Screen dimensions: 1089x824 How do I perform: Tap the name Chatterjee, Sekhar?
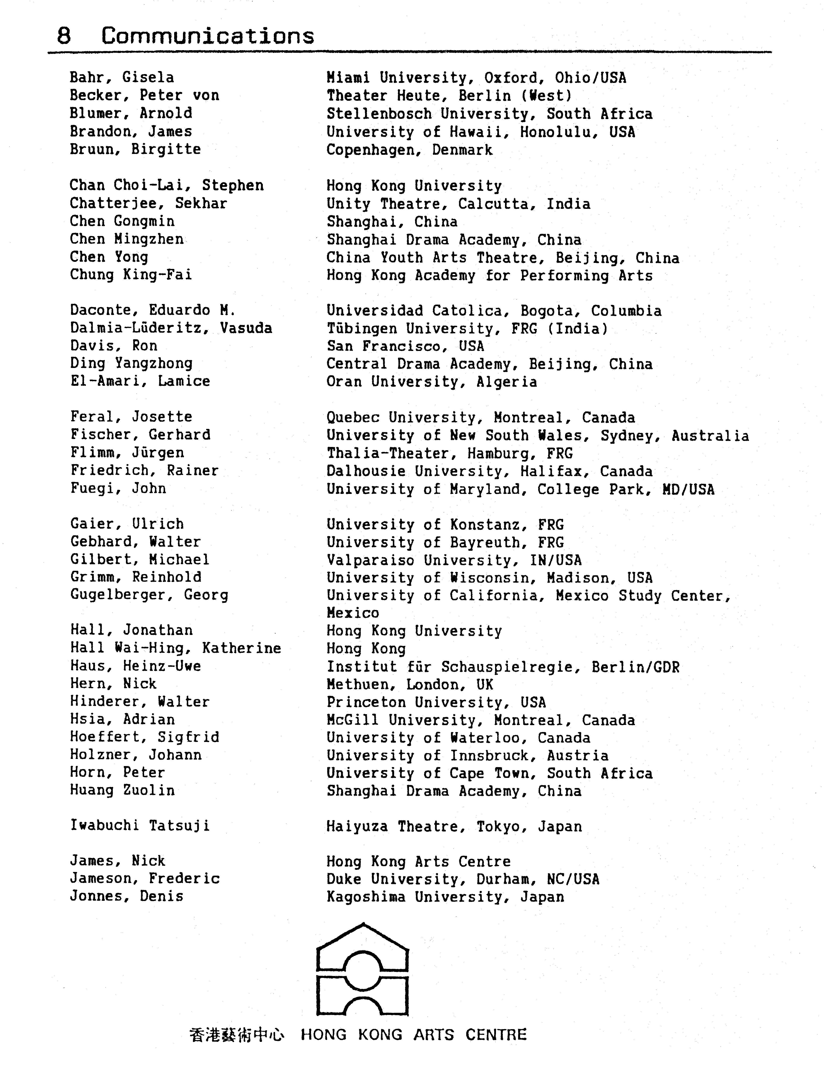(x=148, y=203)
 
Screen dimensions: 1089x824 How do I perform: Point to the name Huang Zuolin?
(x=122, y=790)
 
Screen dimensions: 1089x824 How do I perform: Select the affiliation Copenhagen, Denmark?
(x=409, y=150)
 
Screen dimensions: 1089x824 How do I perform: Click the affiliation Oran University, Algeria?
(x=431, y=382)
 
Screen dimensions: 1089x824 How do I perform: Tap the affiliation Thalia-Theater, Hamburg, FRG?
(x=449, y=453)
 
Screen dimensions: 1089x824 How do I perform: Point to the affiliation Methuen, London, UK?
(x=410, y=684)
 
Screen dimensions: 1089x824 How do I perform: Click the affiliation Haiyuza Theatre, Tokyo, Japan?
(x=454, y=826)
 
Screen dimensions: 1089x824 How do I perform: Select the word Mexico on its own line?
(x=352, y=613)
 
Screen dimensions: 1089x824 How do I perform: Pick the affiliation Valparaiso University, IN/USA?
(x=453, y=560)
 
